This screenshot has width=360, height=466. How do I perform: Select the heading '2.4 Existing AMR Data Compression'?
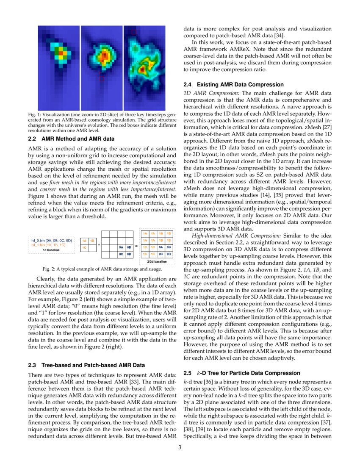233,85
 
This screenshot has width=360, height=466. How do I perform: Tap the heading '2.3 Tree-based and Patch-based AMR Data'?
86,365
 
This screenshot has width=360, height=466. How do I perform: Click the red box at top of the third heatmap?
134,32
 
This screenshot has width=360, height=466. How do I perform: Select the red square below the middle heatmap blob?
102,78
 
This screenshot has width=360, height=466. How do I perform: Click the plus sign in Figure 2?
99,244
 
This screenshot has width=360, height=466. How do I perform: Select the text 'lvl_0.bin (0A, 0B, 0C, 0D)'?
51,240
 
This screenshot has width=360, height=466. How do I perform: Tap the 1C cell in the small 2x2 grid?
85,247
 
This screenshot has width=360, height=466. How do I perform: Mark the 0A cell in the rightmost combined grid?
161,247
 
